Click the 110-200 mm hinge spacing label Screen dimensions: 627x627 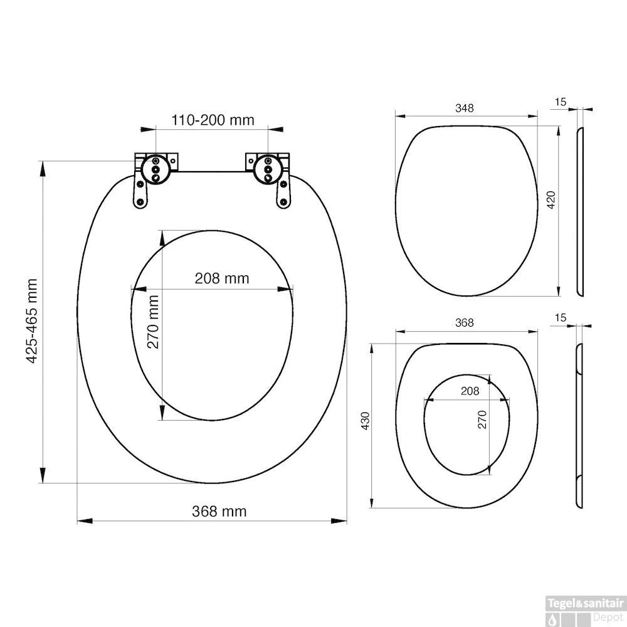pos(213,120)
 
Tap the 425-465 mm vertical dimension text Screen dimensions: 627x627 pos(33,322)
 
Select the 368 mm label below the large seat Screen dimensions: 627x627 pos(219,511)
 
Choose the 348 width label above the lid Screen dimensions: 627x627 pos(464,108)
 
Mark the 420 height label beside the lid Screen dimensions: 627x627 pos(551,200)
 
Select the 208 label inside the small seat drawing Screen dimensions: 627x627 pos(470,391)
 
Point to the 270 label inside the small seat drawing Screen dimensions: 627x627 pos(482,419)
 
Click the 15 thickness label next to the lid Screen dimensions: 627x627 pos(561,101)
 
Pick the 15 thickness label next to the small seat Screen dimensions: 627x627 pos(561,318)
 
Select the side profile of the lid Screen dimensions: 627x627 pos(580,212)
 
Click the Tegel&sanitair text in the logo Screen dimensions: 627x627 pos(586,603)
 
